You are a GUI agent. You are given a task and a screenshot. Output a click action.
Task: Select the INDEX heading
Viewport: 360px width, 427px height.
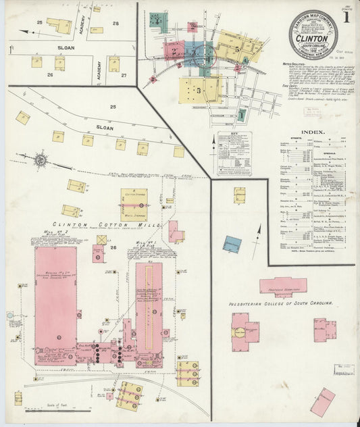(313, 132)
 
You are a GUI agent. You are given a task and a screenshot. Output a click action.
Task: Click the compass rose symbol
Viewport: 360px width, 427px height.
(41, 160)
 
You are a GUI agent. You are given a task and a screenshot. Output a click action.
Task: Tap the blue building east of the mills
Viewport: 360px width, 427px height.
(232, 244)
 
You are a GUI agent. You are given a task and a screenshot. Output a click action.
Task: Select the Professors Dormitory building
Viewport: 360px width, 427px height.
(283, 286)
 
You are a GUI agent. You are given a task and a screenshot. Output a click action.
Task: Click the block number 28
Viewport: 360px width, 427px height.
(115, 24)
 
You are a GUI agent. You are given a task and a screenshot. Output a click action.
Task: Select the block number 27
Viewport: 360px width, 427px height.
(124, 75)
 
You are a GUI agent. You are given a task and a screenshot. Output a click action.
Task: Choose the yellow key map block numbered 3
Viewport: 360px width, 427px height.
(199, 89)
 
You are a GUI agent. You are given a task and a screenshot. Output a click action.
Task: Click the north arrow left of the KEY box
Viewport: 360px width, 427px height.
(214, 145)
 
